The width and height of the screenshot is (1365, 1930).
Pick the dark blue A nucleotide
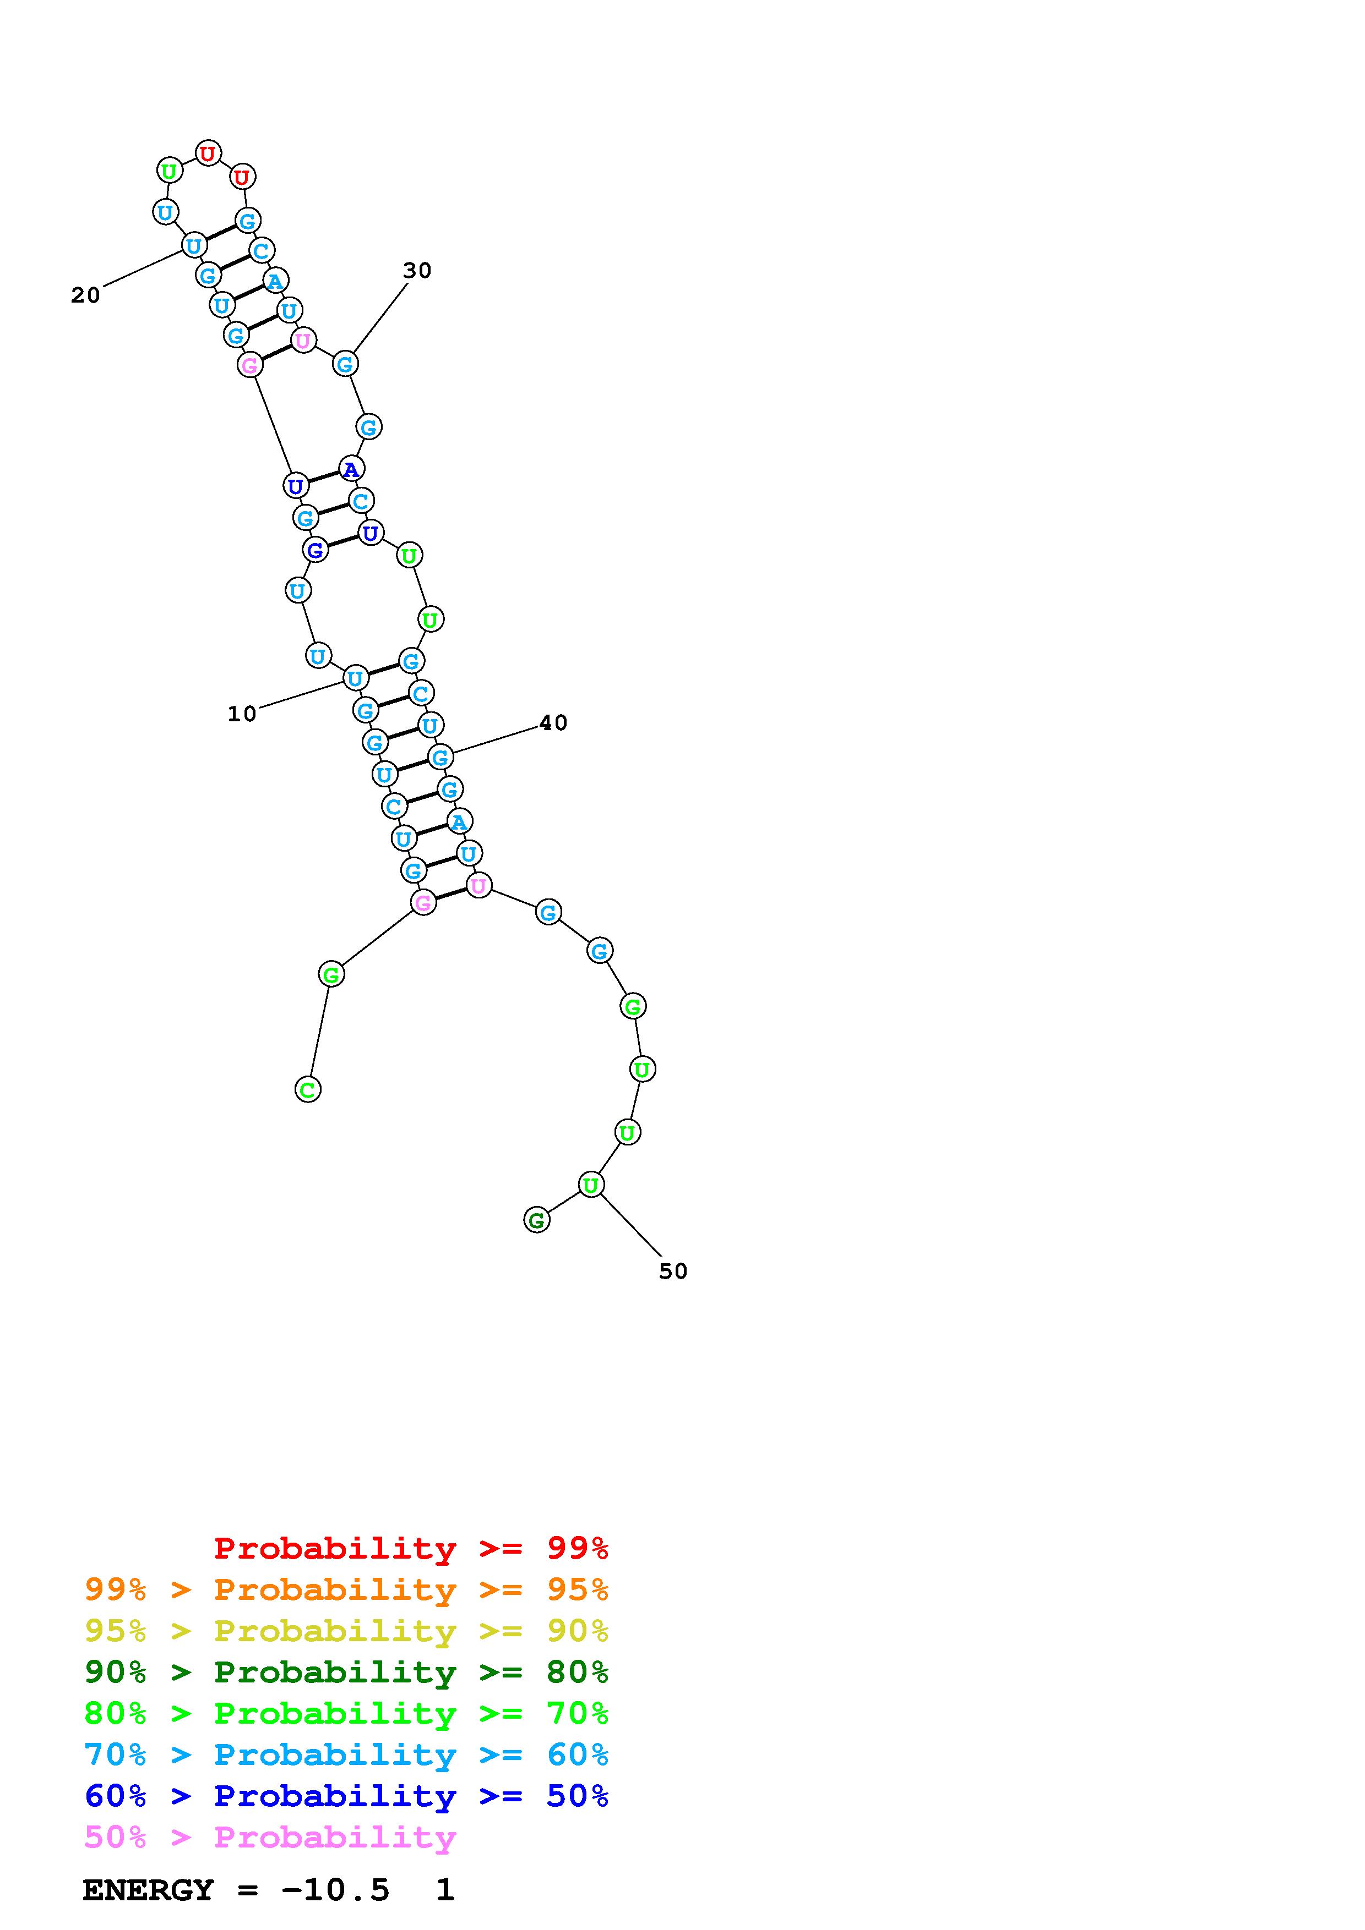pyautogui.click(x=351, y=469)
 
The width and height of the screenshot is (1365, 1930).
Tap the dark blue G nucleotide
pyautogui.click(x=314, y=551)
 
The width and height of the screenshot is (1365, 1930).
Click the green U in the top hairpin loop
pyautogui.click(x=170, y=171)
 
